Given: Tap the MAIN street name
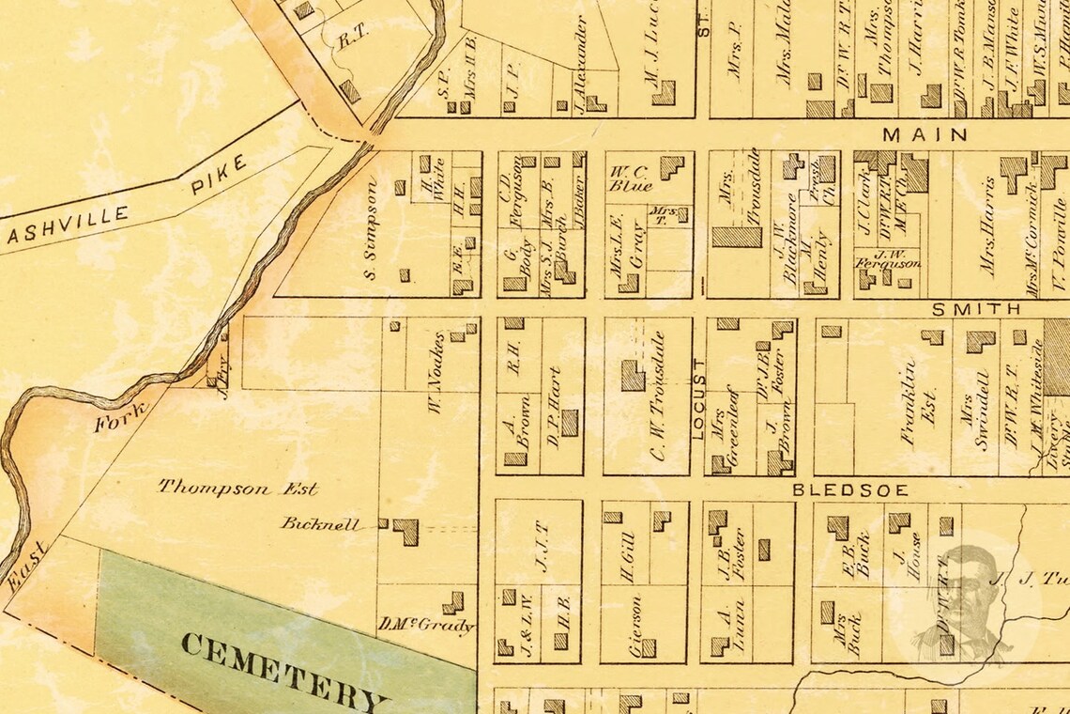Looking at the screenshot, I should pyautogui.click(x=925, y=135).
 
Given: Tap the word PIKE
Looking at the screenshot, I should pyautogui.click(x=219, y=175).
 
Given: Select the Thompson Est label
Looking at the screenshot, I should pyautogui.click(x=237, y=488).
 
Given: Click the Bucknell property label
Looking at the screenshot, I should pyautogui.click(x=318, y=524).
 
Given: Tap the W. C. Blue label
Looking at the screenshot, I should pyautogui.click(x=631, y=179).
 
